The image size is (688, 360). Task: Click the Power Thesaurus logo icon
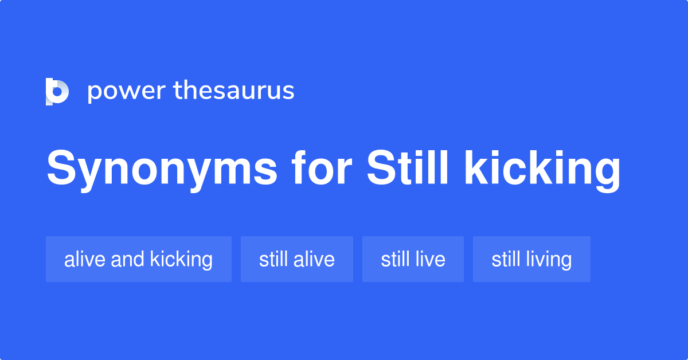[57, 92]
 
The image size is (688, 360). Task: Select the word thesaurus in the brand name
[234, 91]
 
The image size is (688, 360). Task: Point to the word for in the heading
[321, 169]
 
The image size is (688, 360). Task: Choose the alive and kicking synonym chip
[138, 259]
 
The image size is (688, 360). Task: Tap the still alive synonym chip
[296, 259]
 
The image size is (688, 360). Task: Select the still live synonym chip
[413, 259]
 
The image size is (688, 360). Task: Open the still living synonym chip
[531, 259]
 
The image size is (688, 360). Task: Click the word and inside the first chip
[127, 259]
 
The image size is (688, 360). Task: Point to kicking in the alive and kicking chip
[181, 259]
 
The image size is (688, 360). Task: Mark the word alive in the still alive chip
[314, 259]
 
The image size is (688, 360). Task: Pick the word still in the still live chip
[395, 259]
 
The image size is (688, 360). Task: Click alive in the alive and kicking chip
[85, 259]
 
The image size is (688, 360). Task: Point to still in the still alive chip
[273, 259]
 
